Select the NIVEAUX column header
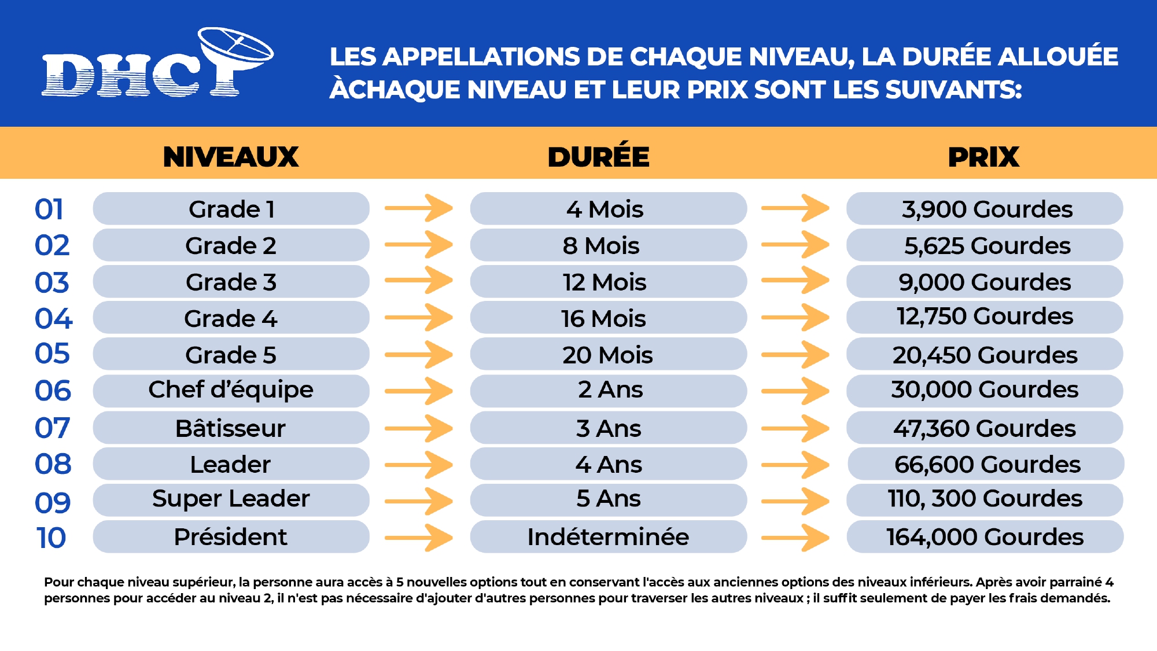pyautogui.click(x=231, y=157)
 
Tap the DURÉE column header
pyautogui.click(x=598, y=157)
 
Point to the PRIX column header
pyautogui.click(x=983, y=157)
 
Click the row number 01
pyautogui.click(x=49, y=209)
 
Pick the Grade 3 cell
pyautogui.click(x=231, y=282)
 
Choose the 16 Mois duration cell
pyautogui.click(x=608, y=318)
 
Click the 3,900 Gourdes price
pyautogui.click(x=985, y=209)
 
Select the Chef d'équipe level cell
pyautogui.click(x=231, y=391)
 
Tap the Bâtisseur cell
pyautogui.click(x=231, y=428)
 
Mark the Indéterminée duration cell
pyautogui.click(x=608, y=536)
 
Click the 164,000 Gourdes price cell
pyautogui.click(x=985, y=536)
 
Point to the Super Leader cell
pyautogui.click(x=231, y=499)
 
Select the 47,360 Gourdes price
pyautogui.click(x=985, y=428)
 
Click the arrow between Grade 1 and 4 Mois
pyautogui.click(x=419, y=208)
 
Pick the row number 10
pyautogui.click(x=51, y=538)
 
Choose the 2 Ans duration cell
pyautogui.click(x=608, y=391)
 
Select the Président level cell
pyautogui.click(x=231, y=536)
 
